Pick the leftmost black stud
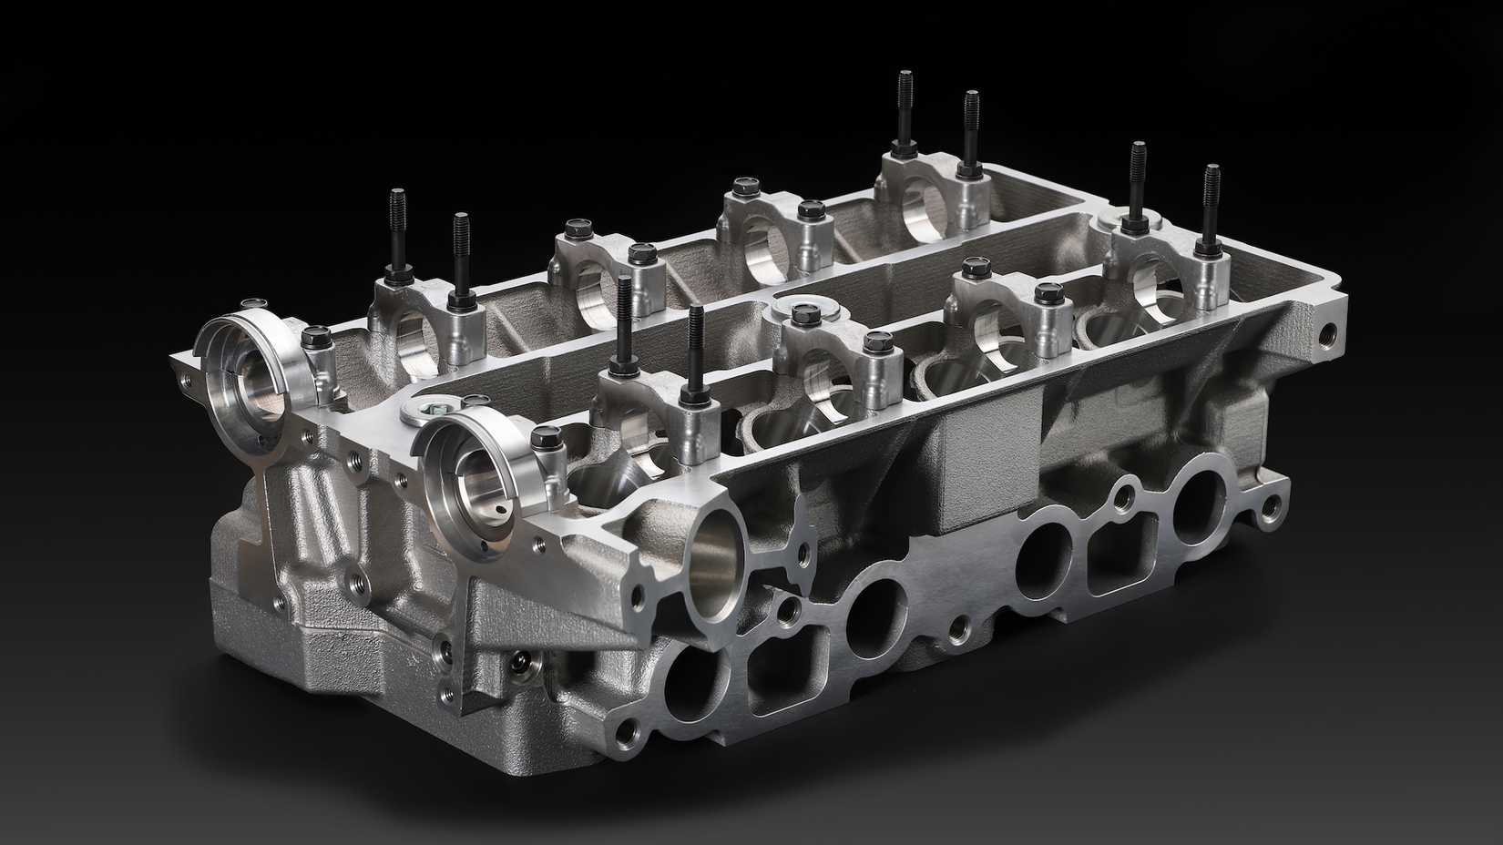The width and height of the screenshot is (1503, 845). [398, 232]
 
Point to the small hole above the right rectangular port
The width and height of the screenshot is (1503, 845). [1124, 494]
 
